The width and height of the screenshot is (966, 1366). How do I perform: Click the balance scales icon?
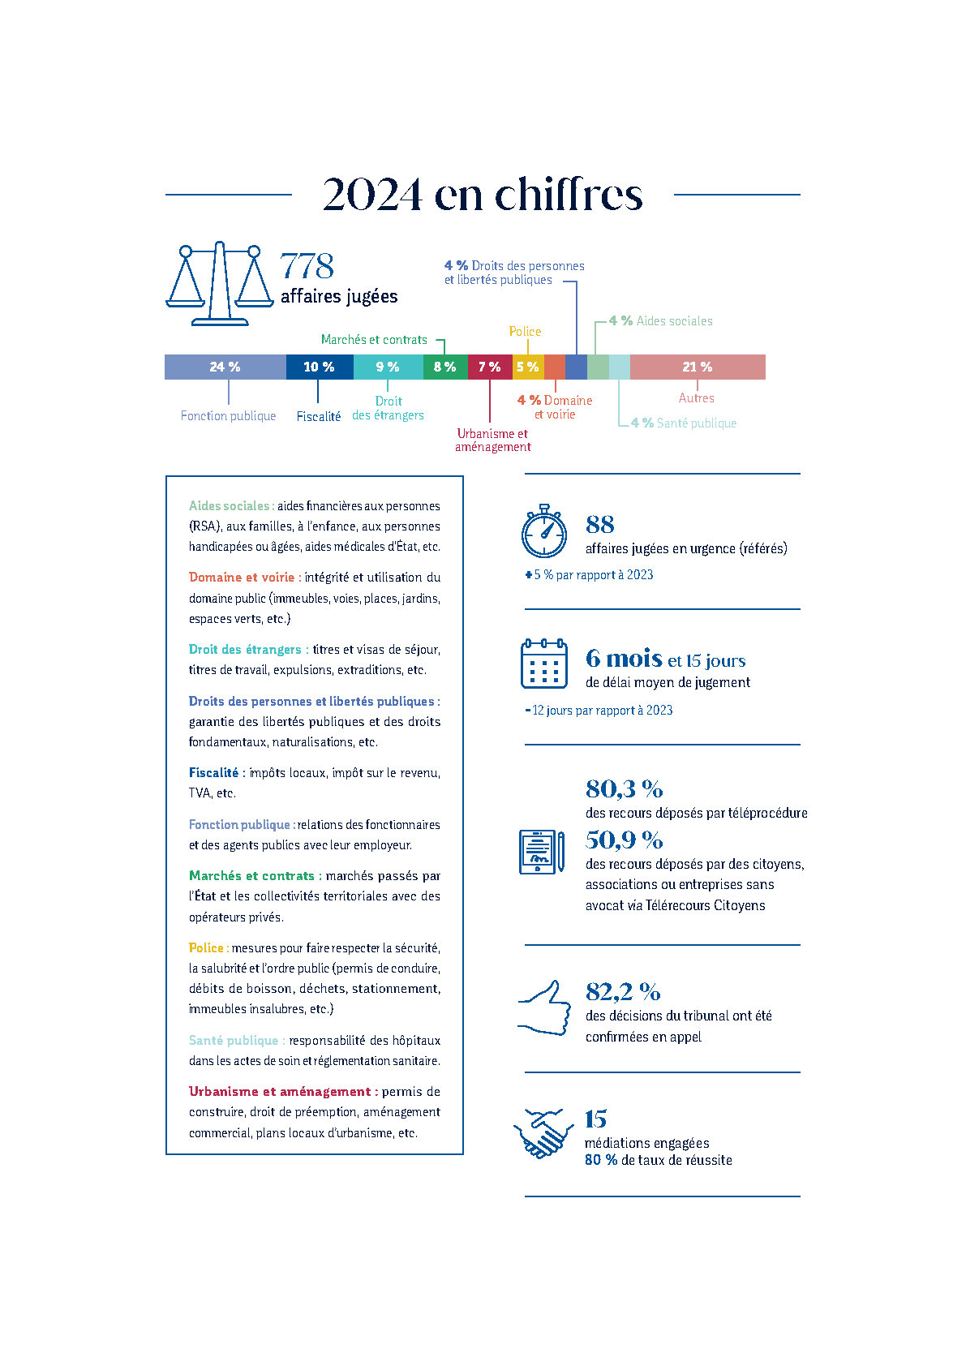(x=219, y=284)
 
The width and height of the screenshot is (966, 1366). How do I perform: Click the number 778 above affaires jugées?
(x=307, y=266)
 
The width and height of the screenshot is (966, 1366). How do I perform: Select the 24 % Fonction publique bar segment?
(x=225, y=367)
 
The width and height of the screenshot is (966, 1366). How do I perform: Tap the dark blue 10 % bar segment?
(x=319, y=367)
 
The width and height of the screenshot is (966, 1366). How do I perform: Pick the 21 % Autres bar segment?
(x=697, y=367)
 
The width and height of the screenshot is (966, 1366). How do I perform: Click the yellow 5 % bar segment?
(x=527, y=367)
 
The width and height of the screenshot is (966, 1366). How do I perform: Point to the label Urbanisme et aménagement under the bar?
(x=492, y=440)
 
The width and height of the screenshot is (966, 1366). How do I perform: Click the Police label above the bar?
(x=525, y=331)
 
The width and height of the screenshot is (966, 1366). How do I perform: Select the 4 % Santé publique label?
(x=684, y=423)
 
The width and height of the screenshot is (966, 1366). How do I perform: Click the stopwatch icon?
(x=544, y=531)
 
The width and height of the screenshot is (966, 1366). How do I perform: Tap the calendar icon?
(x=543, y=663)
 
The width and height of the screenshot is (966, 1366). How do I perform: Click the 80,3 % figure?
(x=624, y=788)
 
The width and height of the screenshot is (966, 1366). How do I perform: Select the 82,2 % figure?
(x=623, y=991)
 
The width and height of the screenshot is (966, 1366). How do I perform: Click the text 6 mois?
(x=623, y=658)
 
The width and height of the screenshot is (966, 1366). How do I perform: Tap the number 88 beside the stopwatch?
(x=600, y=524)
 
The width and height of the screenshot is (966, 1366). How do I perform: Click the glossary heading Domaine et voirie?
(x=242, y=578)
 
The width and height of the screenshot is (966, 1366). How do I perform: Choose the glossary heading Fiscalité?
(x=214, y=773)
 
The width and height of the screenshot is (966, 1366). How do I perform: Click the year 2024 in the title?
(x=372, y=194)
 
